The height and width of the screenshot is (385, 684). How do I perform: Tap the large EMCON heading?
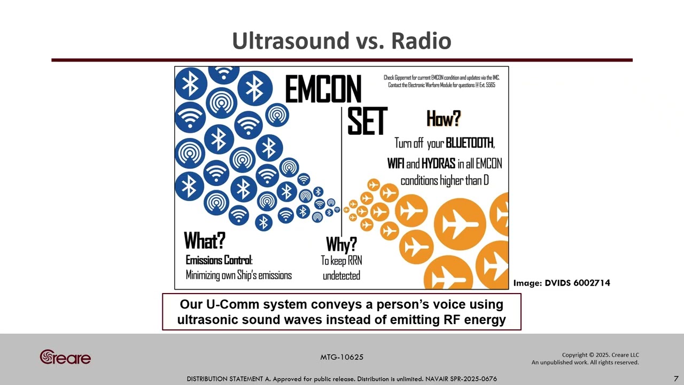pyautogui.click(x=323, y=89)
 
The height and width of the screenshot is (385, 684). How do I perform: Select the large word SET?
pyautogui.click(x=367, y=121)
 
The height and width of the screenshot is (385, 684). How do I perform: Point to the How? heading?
pyautogui.click(x=444, y=118)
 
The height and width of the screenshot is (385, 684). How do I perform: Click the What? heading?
pyautogui.click(x=205, y=241)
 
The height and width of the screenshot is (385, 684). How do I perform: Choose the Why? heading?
pyautogui.click(x=341, y=245)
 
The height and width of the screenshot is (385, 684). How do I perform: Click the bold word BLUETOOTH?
pyautogui.click(x=470, y=143)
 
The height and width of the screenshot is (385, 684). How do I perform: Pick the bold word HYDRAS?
pyautogui.click(x=438, y=164)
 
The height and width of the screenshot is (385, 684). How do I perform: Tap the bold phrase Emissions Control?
pyautogui.click(x=219, y=260)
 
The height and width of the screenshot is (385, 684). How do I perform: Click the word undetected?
pyautogui.click(x=341, y=276)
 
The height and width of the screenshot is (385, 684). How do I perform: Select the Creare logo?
pyautogui.click(x=65, y=357)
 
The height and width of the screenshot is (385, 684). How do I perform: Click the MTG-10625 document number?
pyautogui.click(x=342, y=357)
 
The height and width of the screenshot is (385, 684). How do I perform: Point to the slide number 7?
pyautogui.click(x=676, y=379)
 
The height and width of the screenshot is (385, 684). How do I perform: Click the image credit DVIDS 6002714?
pyautogui.click(x=577, y=283)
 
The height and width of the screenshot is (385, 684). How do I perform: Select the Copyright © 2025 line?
pyautogui.click(x=600, y=355)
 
